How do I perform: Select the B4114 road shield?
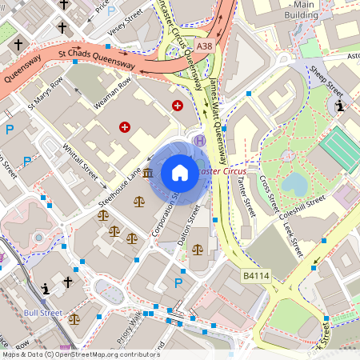pyautogui.click(x=254, y=276)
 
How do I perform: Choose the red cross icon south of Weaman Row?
pyautogui.click(x=125, y=126)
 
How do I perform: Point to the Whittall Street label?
pyautogui.click(x=80, y=161)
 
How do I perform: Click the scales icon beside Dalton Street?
pyautogui.click(x=197, y=250)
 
